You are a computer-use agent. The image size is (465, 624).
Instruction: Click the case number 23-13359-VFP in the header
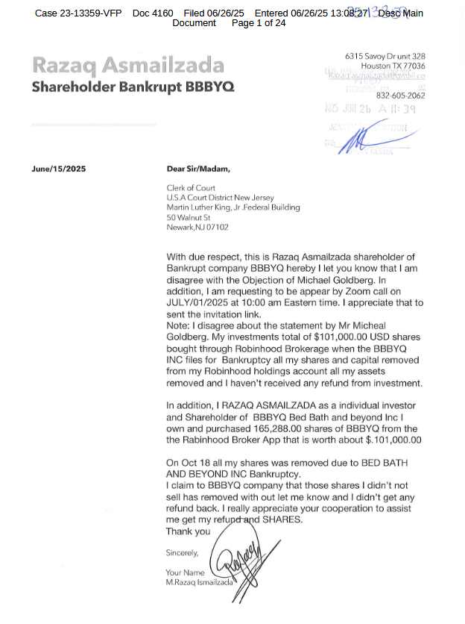pos(93,13)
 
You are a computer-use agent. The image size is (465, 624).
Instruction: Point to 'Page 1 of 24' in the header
pos(259,23)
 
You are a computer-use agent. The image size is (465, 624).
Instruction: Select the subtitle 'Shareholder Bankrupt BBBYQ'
pos(133,87)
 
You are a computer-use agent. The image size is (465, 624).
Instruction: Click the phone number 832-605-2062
pos(400,96)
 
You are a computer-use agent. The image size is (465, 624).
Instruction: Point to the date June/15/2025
pos(59,169)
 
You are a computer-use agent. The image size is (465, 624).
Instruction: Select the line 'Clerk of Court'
pos(192,187)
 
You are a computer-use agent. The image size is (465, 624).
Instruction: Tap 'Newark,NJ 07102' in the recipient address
pos(197,227)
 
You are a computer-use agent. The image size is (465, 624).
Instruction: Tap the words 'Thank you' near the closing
pos(188,531)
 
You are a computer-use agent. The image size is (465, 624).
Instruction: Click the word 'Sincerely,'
pos(182,553)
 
